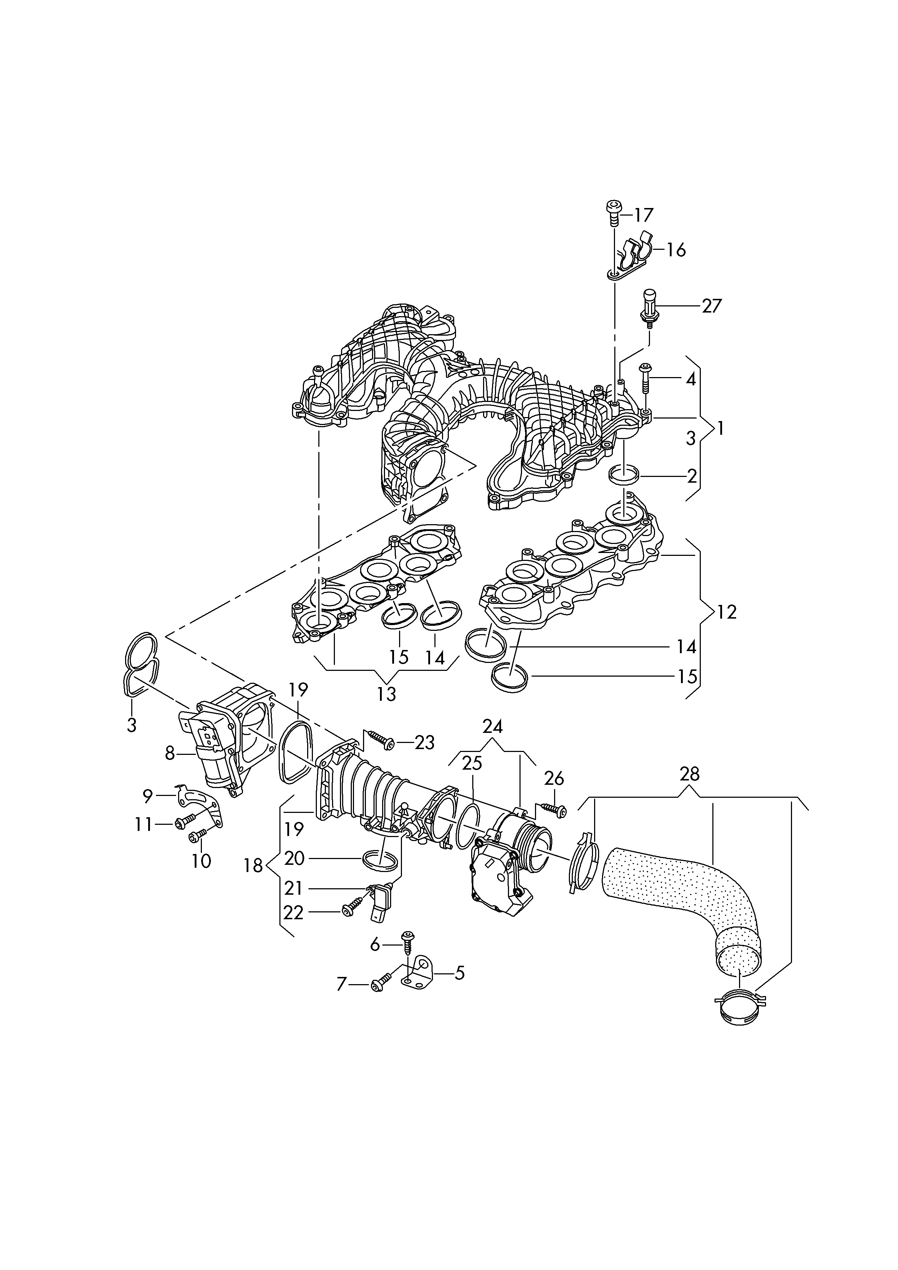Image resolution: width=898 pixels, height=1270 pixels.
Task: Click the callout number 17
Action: [643, 214]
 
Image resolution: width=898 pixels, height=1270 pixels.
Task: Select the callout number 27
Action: [712, 306]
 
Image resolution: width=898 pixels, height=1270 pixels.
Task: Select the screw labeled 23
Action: [381, 739]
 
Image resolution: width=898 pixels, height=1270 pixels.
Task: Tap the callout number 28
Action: [689, 774]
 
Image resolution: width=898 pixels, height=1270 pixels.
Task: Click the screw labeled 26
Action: [554, 810]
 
